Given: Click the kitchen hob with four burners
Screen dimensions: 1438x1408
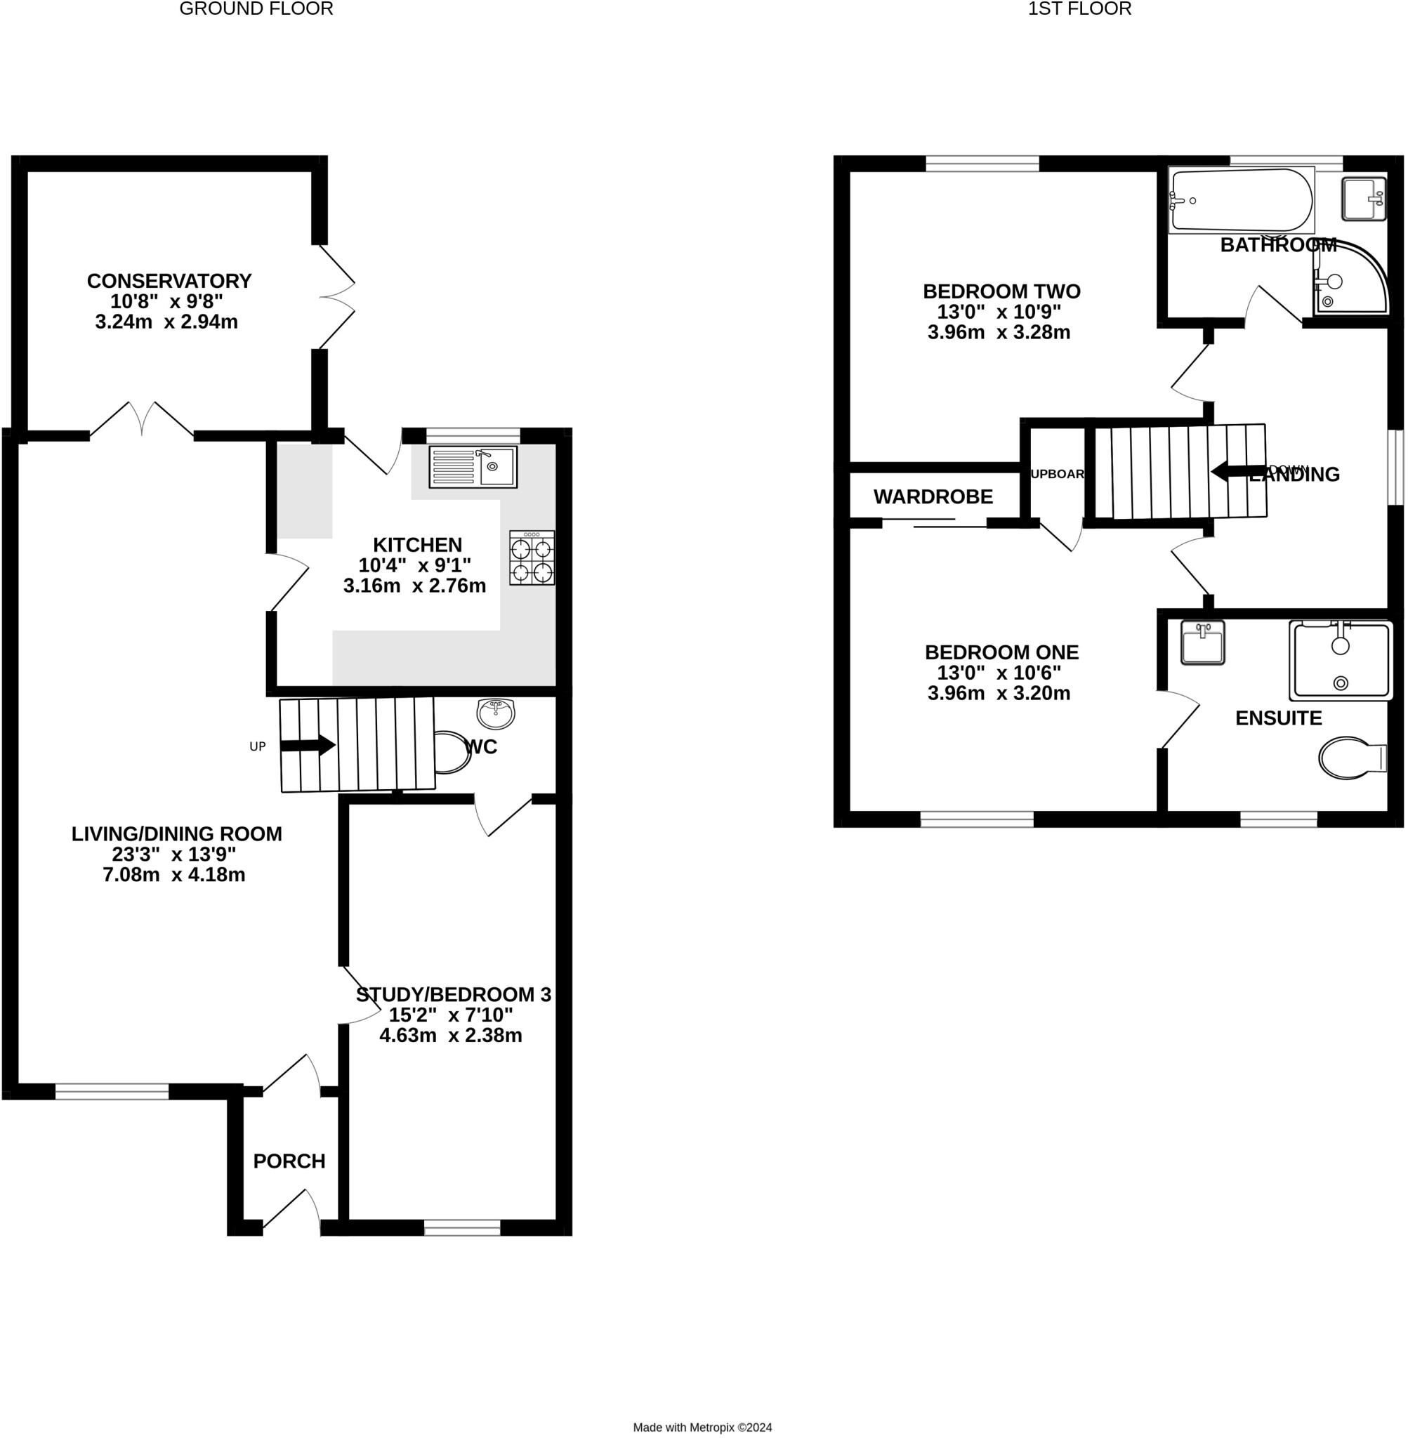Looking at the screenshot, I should (532, 560).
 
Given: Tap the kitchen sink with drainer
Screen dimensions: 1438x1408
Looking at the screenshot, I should (473, 467).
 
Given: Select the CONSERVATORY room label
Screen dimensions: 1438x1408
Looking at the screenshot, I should (169, 281).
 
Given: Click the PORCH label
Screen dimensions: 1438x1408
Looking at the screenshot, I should (289, 1161).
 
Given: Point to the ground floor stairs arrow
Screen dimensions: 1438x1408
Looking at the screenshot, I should (308, 745).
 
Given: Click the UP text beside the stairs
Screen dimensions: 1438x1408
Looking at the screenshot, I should (257, 746).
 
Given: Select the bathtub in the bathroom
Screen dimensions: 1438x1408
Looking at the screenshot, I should (1242, 200).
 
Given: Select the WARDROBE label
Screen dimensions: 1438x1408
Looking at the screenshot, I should (933, 497).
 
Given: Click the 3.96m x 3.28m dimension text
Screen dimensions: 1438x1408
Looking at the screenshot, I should (999, 333).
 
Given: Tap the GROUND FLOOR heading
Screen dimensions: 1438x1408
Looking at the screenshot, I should (256, 9).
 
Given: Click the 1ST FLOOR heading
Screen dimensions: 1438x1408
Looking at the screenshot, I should (1079, 9).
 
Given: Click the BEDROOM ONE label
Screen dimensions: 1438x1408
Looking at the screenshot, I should (1001, 652).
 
